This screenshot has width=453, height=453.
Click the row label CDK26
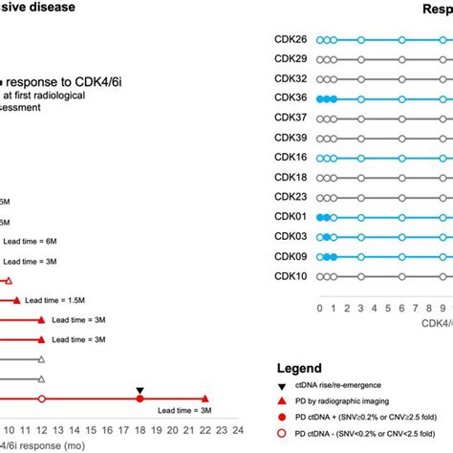[291, 40]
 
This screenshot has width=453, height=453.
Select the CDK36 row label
[291, 98]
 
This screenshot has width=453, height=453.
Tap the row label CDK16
[291, 157]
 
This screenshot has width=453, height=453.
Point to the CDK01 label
[291, 217]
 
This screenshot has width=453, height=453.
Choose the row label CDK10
[291, 276]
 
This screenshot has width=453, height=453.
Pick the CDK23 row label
[291, 197]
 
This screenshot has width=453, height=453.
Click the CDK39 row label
[291, 138]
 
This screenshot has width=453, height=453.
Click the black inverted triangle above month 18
[140, 391]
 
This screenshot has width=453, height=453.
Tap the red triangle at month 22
[205, 399]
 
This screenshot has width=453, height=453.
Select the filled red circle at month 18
[140, 399]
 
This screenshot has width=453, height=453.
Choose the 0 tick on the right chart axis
[319, 307]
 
